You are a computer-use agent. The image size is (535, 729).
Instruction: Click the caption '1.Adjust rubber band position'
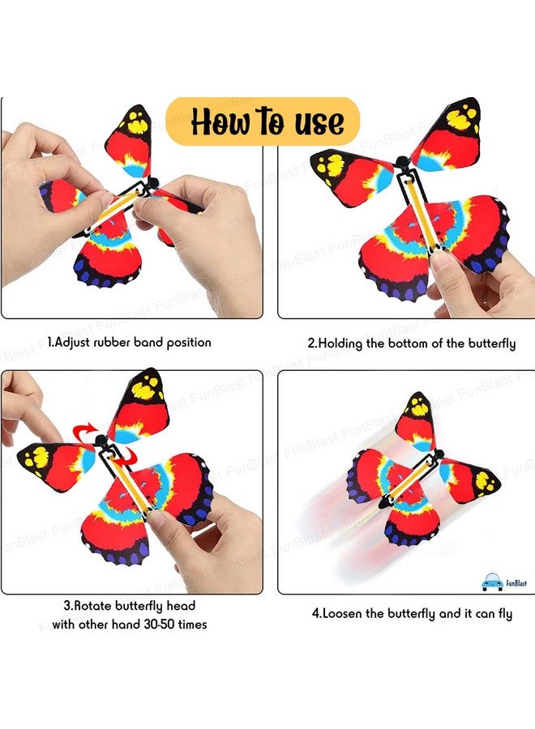(129, 343)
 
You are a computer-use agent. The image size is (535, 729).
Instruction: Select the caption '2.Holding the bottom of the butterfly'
(411, 343)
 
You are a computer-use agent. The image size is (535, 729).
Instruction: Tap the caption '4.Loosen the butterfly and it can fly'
(412, 613)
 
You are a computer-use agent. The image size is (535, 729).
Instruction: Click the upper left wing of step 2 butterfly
(349, 175)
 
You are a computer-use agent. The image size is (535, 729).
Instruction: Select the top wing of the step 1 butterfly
(130, 138)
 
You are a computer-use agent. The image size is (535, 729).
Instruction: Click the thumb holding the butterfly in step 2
(443, 268)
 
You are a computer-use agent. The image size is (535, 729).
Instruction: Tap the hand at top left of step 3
(24, 405)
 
